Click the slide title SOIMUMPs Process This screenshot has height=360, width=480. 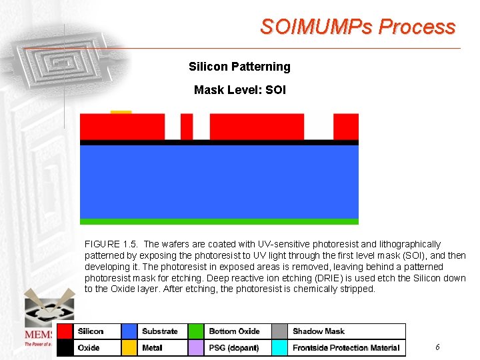(x=357, y=27)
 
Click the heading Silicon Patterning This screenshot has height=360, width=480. (x=239, y=67)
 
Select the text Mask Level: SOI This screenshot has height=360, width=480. (x=239, y=89)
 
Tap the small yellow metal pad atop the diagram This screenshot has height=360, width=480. (x=121, y=112)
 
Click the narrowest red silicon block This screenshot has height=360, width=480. (x=187, y=126)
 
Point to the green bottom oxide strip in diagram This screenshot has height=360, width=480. (x=219, y=221)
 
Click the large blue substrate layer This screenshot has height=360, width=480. (x=219, y=181)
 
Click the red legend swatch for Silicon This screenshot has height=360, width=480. (x=65, y=331)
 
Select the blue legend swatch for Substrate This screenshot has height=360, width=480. (x=129, y=331)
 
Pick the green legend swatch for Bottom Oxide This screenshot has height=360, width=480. (x=196, y=331)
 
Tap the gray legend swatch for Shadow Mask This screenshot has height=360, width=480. (x=280, y=331)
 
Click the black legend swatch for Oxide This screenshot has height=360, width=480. (x=65, y=347)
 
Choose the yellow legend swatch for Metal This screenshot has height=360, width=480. (x=129, y=347)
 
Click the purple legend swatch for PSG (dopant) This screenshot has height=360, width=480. (x=196, y=347)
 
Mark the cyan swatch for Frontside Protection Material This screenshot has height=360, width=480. (x=280, y=347)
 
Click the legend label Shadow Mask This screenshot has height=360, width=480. (x=318, y=331)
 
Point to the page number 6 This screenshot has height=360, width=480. (x=437, y=347)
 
